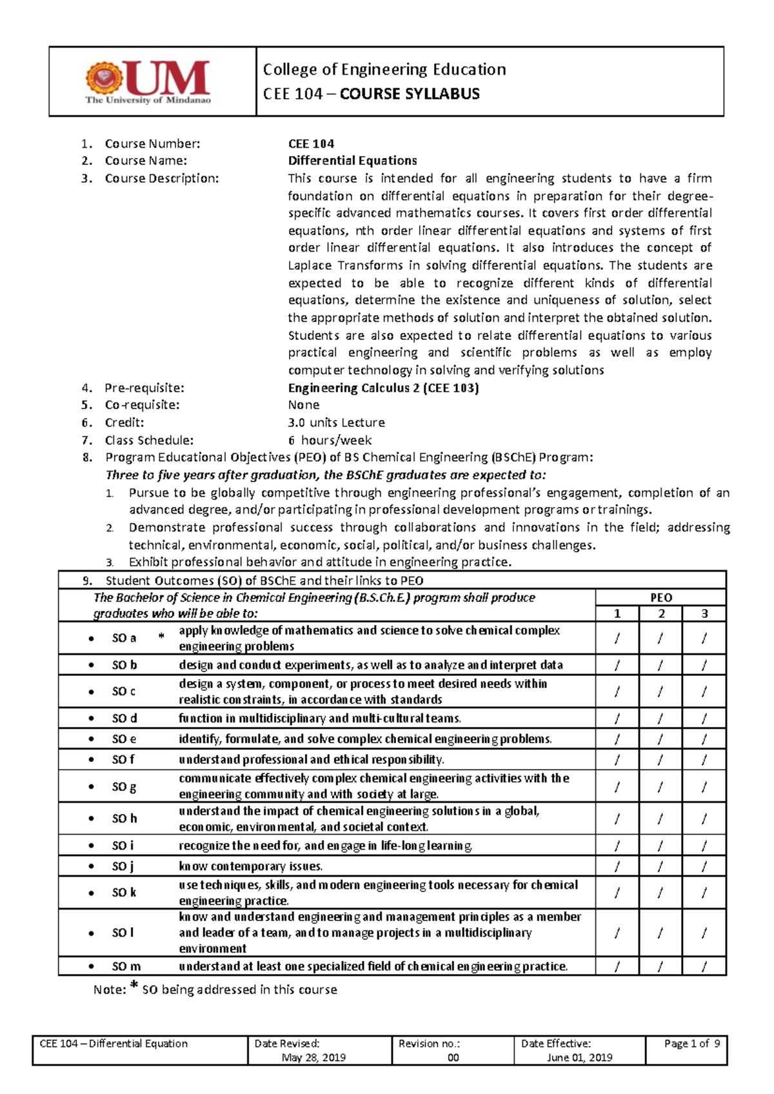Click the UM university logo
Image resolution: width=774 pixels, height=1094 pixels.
[x=148, y=82]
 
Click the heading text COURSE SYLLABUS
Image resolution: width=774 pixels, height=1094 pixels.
[x=410, y=94]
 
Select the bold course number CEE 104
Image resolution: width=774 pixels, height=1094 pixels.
[x=311, y=144]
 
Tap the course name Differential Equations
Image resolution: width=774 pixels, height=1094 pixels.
[x=352, y=161]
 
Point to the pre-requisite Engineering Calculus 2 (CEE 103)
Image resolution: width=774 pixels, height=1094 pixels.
[x=383, y=388]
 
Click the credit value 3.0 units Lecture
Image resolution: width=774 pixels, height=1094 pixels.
[x=336, y=423]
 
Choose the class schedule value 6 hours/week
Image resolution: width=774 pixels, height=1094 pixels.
[x=330, y=441]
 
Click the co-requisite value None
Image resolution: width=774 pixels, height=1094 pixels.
[x=304, y=405]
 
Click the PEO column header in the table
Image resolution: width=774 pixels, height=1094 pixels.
[x=661, y=597]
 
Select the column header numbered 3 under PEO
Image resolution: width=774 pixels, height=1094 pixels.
[x=704, y=613]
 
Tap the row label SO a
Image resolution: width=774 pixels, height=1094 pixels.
[x=124, y=638]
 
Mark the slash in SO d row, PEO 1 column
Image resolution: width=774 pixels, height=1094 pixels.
[x=617, y=719]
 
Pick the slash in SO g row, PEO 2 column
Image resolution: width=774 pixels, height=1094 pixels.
[x=660, y=786]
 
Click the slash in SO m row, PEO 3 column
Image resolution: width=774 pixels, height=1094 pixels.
[x=704, y=966]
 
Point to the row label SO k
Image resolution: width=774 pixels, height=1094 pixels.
[x=124, y=893]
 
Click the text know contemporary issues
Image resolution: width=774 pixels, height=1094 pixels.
[x=250, y=866]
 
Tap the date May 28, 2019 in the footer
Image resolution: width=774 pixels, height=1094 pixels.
[x=313, y=1057]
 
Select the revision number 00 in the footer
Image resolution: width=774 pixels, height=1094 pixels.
[x=453, y=1057]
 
